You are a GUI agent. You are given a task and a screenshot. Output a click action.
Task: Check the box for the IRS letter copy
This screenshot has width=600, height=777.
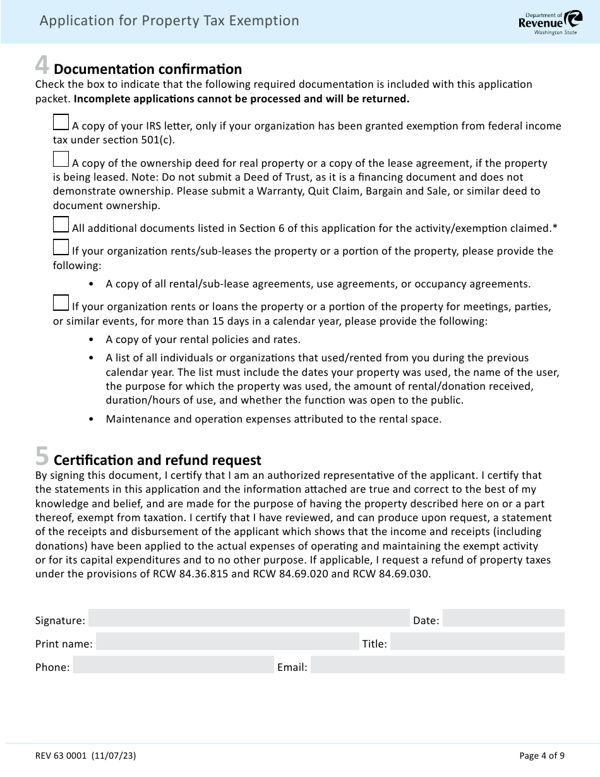tap(61, 122)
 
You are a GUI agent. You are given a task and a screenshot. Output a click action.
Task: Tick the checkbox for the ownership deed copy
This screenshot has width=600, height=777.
tap(61, 159)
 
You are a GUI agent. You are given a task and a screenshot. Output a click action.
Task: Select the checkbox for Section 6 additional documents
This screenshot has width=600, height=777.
tap(61, 224)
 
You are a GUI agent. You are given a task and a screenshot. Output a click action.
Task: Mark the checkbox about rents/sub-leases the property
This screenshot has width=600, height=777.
tap(61, 247)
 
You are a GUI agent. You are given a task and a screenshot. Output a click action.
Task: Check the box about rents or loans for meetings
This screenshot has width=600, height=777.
tap(61, 303)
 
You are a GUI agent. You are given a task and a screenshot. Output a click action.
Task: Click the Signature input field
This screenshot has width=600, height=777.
tap(249, 618)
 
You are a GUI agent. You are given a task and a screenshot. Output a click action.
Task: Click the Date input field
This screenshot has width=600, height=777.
tap(503, 618)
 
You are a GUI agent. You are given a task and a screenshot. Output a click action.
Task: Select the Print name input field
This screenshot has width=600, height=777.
tap(227, 642)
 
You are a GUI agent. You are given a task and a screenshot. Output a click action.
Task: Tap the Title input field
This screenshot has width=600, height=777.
tap(477, 642)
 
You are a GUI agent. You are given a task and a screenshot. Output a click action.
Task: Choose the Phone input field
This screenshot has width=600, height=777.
tap(173, 665)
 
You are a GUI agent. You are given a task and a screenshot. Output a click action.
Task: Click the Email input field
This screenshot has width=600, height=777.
tap(437, 665)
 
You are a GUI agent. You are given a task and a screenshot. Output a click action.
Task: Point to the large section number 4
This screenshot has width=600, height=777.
tap(42, 66)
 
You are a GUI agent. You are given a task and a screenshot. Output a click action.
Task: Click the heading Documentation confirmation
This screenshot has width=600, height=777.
tap(148, 69)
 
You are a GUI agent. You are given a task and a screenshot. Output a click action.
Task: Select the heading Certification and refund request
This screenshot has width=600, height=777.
tap(157, 459)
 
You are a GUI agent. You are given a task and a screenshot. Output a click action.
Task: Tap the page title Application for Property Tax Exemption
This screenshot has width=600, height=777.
tap(169, 21)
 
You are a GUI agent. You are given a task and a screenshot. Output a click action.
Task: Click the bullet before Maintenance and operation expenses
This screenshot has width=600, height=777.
tap(92, 419)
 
